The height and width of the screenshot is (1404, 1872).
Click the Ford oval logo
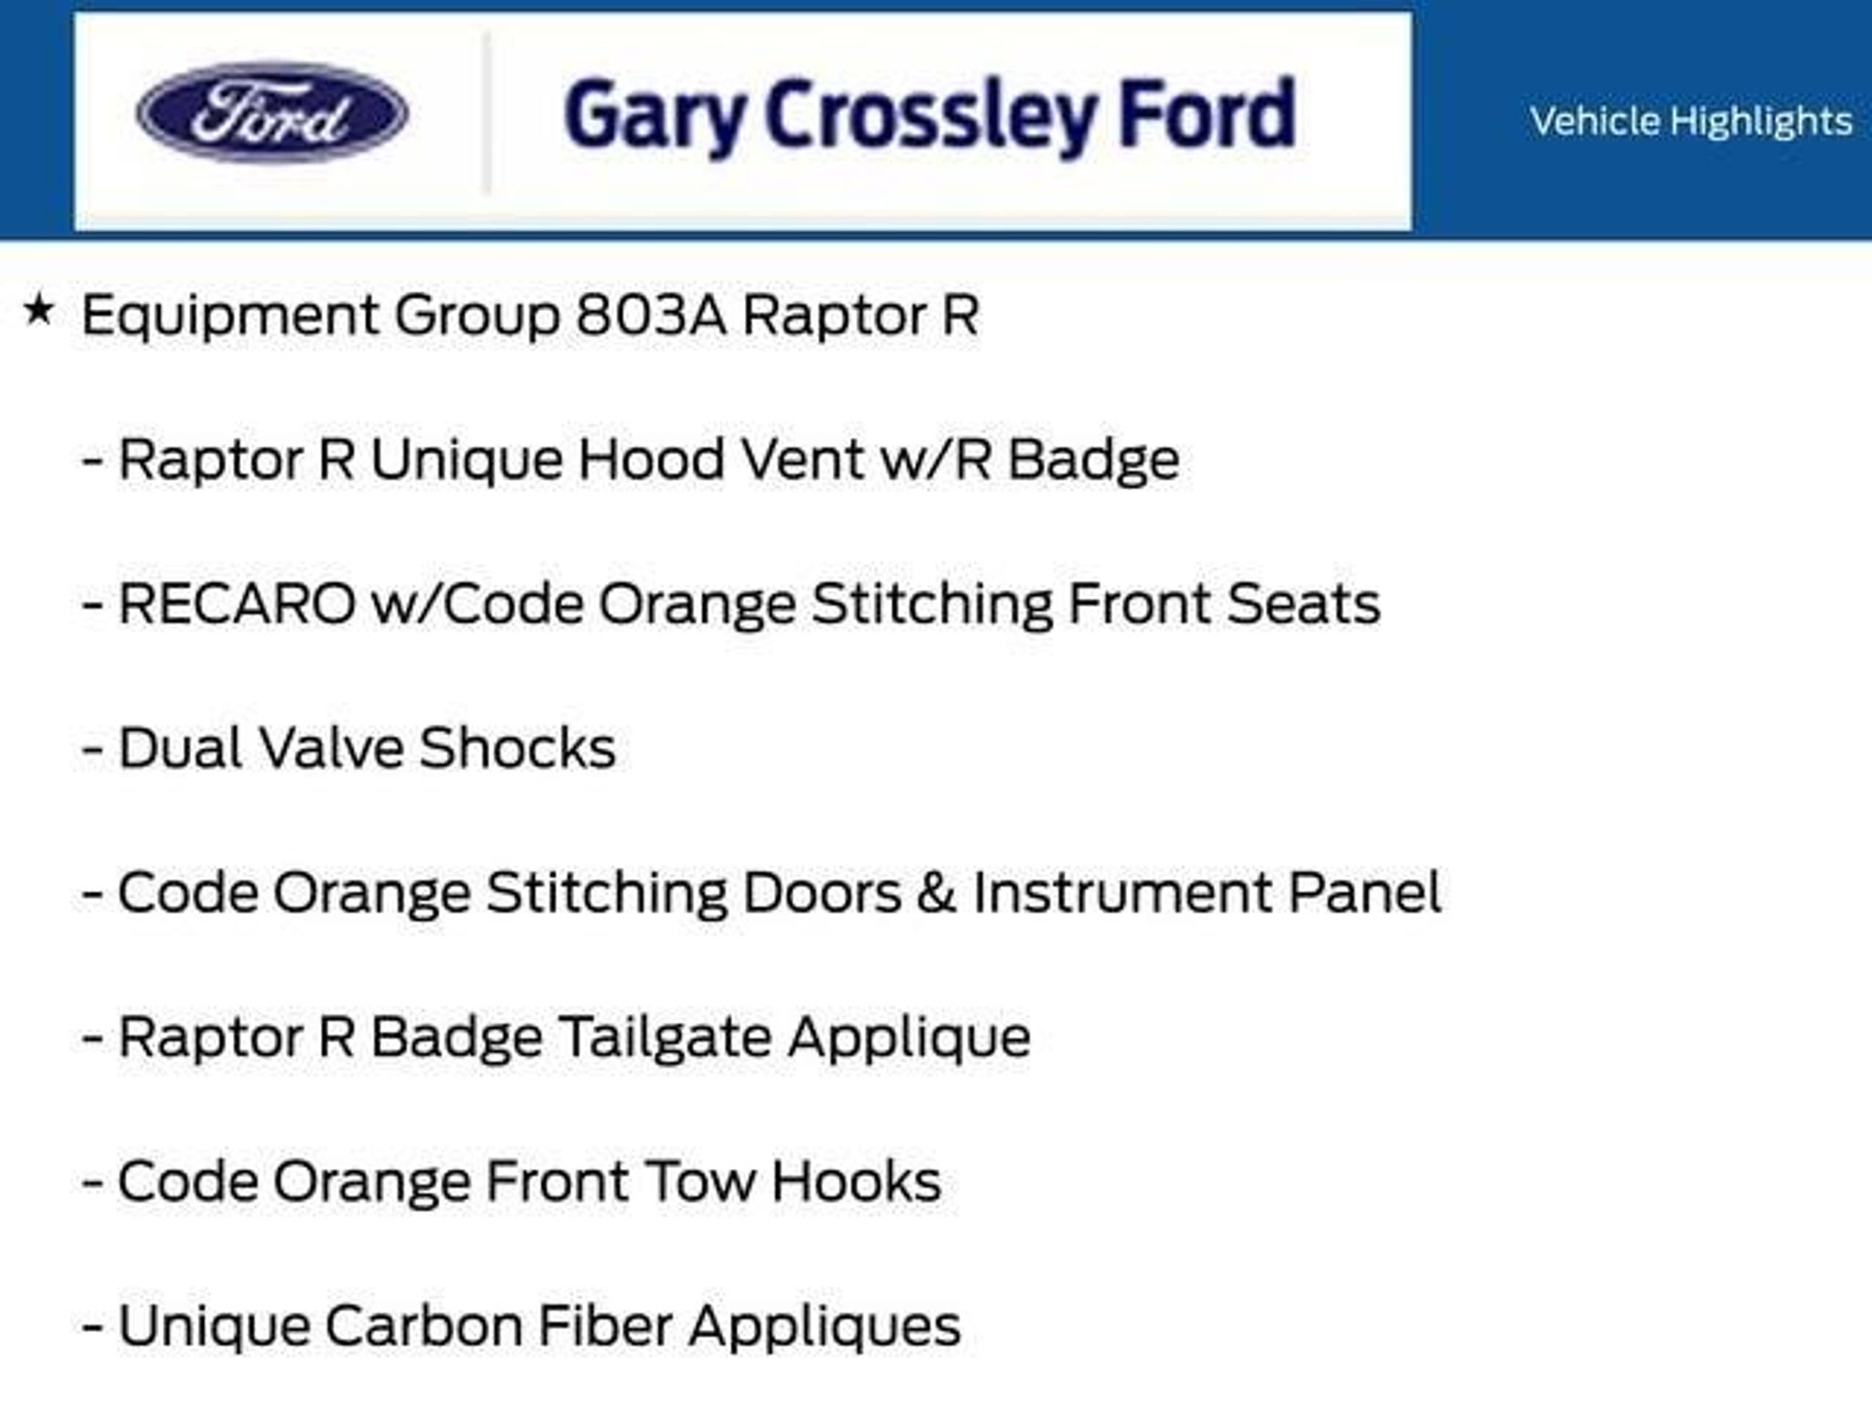click(x=272, y=112)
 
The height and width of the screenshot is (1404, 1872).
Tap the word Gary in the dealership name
click(x=653, y=118)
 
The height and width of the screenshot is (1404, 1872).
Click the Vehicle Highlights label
click(x=1691, y=121)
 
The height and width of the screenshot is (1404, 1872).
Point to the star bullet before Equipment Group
click(x=38, y=311)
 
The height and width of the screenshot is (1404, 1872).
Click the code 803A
click(x=652, y=315)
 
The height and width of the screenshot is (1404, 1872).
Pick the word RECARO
click(x=237, y=603)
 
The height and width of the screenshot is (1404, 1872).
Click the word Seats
click(x=1303, y=603)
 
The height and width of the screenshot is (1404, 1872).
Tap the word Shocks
click(x=518, y=748)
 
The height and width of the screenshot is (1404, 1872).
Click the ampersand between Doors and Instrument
click(x=936, y=892)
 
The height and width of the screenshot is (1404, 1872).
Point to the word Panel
click(x=1365, y=892)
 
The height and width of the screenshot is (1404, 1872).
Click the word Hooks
click(x=856, y=1181)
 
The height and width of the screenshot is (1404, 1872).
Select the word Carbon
click(x=423, y=1325)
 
